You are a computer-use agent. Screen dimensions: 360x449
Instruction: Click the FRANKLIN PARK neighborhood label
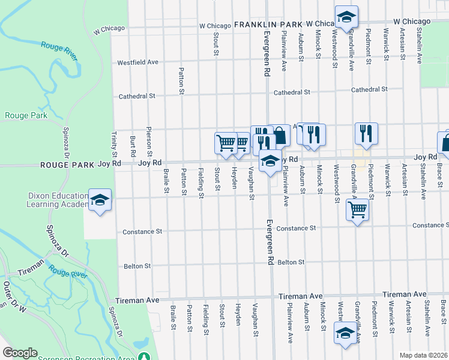268,25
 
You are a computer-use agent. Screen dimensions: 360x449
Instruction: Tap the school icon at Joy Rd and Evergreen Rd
270,162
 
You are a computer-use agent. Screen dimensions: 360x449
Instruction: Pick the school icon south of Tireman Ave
346,333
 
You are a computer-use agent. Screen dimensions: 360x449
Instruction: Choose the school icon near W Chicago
346,17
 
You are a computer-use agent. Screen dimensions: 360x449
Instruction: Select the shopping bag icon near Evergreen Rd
280,136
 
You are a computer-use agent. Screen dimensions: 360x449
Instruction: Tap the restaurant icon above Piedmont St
366,134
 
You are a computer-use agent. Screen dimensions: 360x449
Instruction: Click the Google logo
20,353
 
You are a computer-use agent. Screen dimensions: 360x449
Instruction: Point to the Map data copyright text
423,355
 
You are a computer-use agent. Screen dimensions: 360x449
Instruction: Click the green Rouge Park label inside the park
22,115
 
